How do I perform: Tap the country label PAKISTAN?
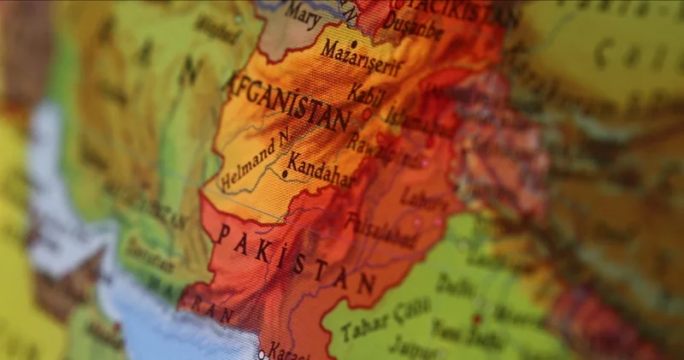(295, 257)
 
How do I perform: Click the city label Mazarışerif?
(360, 57)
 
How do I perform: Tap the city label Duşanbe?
(413, 27)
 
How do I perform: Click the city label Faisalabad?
(380, 227)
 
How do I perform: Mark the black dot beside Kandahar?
(285, 173)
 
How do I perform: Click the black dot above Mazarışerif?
(354, 42)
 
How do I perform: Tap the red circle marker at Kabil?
(367, 113)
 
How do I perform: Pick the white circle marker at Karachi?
(262, 351)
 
